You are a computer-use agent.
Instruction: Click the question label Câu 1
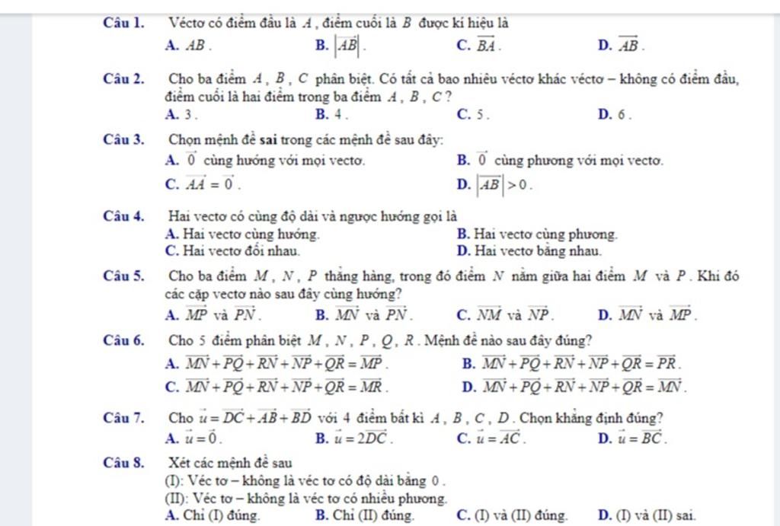[124, 24]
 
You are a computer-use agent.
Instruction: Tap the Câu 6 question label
[124, 340]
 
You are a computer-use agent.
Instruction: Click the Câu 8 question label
[124, 461]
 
